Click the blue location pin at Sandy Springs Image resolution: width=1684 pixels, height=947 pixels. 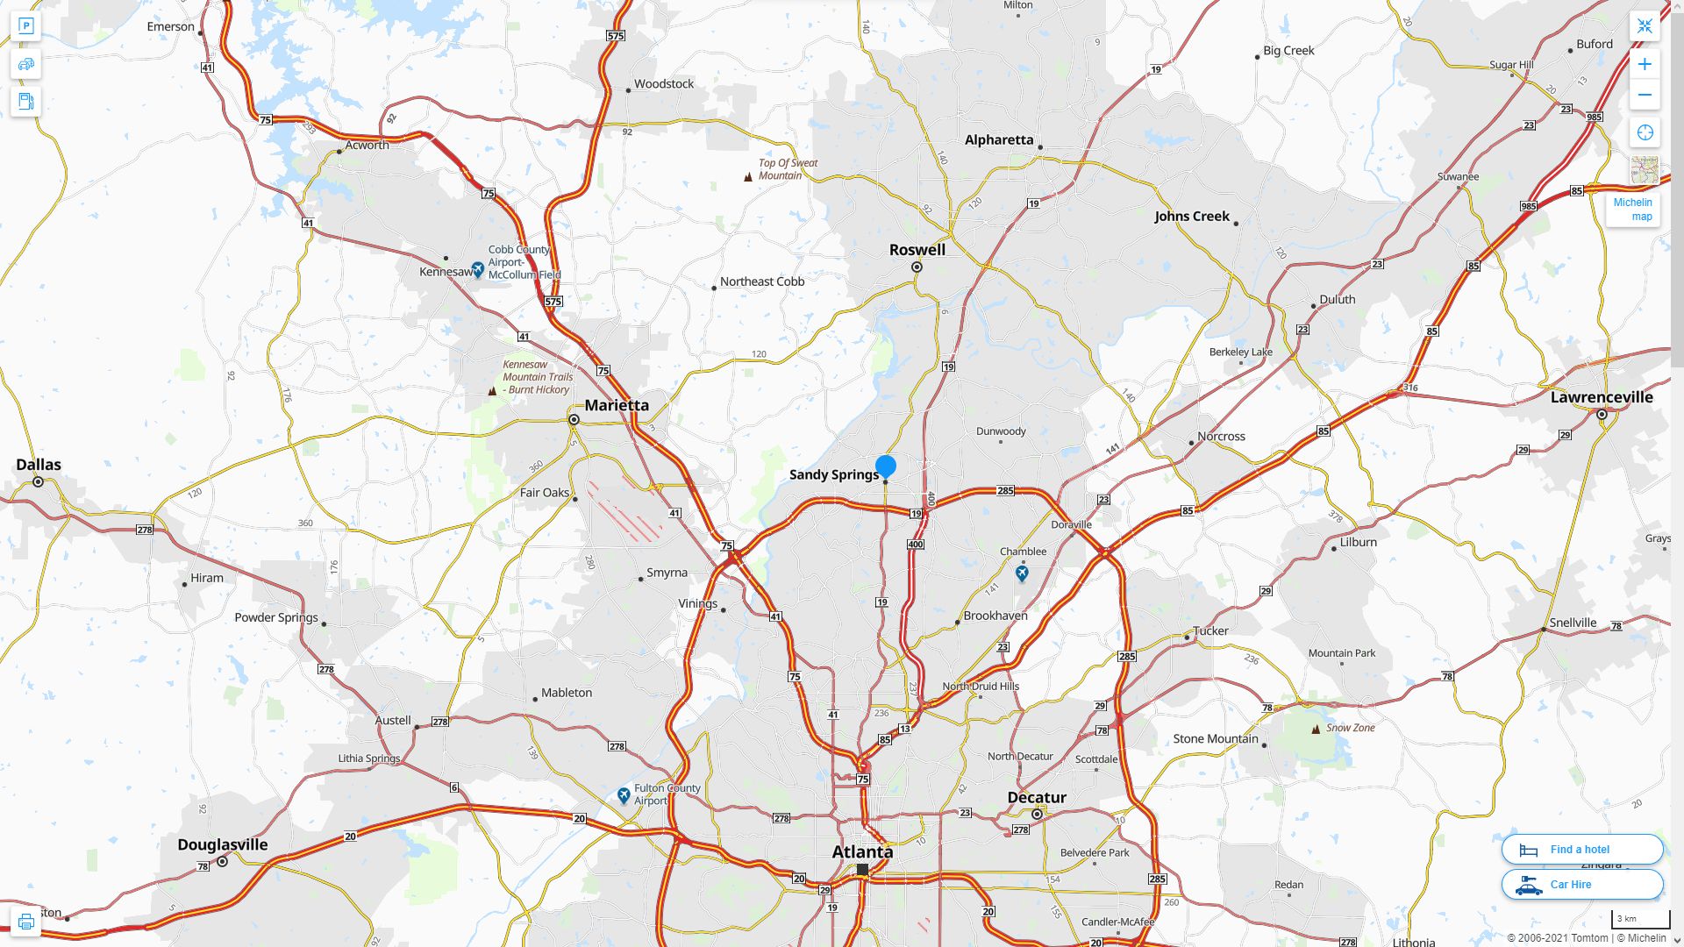pos(886,466)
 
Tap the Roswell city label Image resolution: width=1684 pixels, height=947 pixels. pos(917,250)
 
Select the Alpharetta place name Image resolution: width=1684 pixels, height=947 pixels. pos(999,140)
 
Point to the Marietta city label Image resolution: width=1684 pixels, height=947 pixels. pos(617,405)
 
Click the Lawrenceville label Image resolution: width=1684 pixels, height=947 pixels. pos(1602,397)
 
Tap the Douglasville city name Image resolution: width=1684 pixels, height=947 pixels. pos(223,845)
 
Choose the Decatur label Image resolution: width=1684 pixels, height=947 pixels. pos(1037,798)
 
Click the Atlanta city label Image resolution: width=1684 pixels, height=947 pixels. pos(862,852)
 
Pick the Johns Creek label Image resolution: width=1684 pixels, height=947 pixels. pos(1192,217)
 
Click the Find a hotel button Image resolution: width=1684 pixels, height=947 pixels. pos(1582,850)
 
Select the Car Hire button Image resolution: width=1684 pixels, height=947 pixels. pos(1582,885)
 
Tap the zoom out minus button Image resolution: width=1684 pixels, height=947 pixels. pos(1645,96)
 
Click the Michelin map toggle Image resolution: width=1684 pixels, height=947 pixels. pos(1633,209)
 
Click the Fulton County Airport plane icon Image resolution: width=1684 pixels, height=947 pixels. pos(624,795)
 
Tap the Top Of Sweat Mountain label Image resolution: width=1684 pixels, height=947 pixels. pos(788,169)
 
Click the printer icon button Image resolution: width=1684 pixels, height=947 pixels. pos(25,922)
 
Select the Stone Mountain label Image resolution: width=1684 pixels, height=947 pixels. pos(1216,739)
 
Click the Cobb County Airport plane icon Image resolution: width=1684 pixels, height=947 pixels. pos(478,269)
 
